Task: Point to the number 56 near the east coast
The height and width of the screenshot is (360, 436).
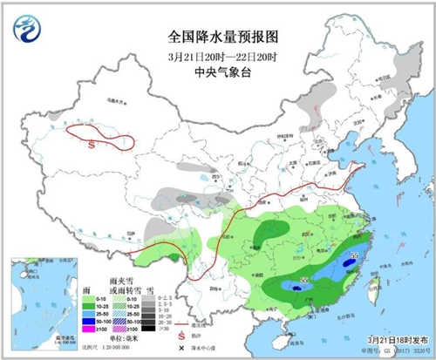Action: coord(354,255)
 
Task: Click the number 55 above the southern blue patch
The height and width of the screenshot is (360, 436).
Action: coord(304,280)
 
